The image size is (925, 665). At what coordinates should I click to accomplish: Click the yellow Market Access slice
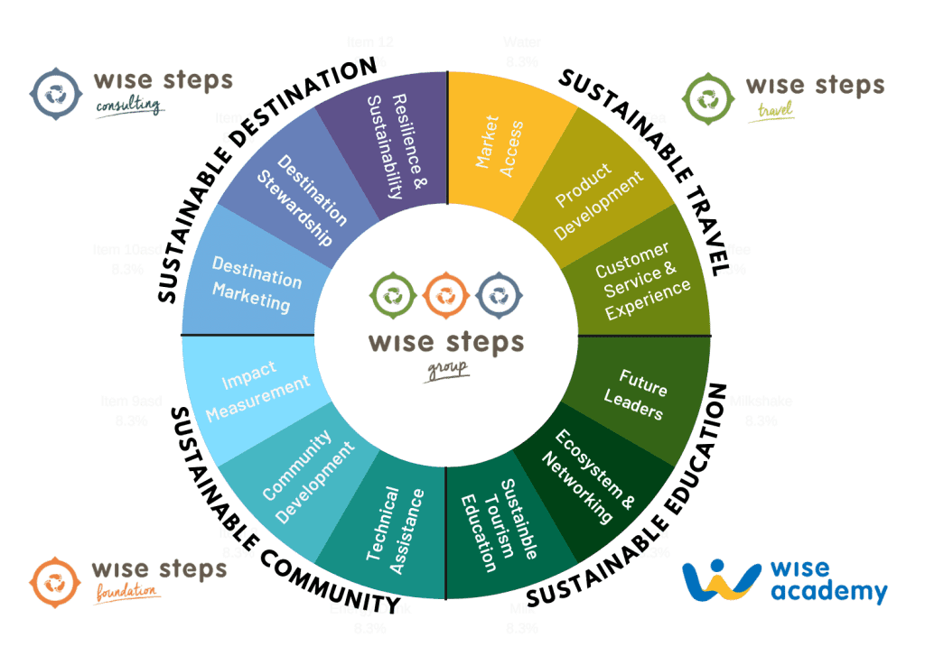click(502, 144)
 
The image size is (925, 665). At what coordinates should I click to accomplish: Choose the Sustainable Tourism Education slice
click(499, 523)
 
